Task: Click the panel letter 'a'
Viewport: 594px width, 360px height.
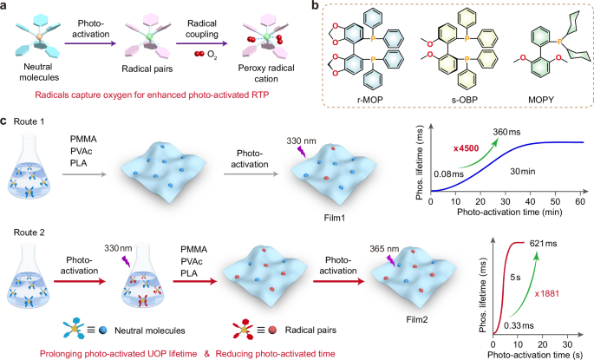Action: [7, 8]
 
